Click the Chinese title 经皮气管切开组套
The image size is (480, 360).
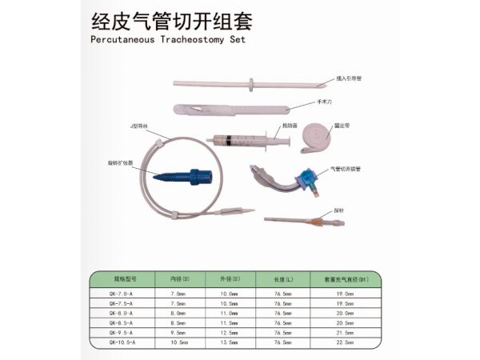[x=158, y=18]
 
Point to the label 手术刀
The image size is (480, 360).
[x=315, y=104]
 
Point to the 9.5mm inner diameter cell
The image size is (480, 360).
[x=178, y=332]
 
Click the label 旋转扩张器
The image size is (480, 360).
[x=121, y=163]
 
